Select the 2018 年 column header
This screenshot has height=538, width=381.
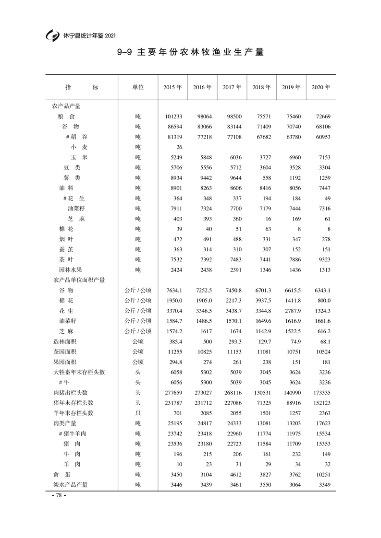262,87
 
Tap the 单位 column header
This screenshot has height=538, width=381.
138,87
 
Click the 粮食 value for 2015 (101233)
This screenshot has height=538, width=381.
172,116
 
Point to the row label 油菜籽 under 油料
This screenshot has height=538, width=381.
76,209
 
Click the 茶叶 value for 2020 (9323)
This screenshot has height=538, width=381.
322,260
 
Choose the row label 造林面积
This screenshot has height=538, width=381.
64,341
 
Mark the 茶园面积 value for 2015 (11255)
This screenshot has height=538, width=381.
174,352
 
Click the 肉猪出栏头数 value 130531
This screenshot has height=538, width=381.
262,393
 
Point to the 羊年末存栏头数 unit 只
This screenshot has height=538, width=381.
138,413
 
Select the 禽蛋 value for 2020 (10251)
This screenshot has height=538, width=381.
321,475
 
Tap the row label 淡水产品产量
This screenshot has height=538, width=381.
70,485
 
